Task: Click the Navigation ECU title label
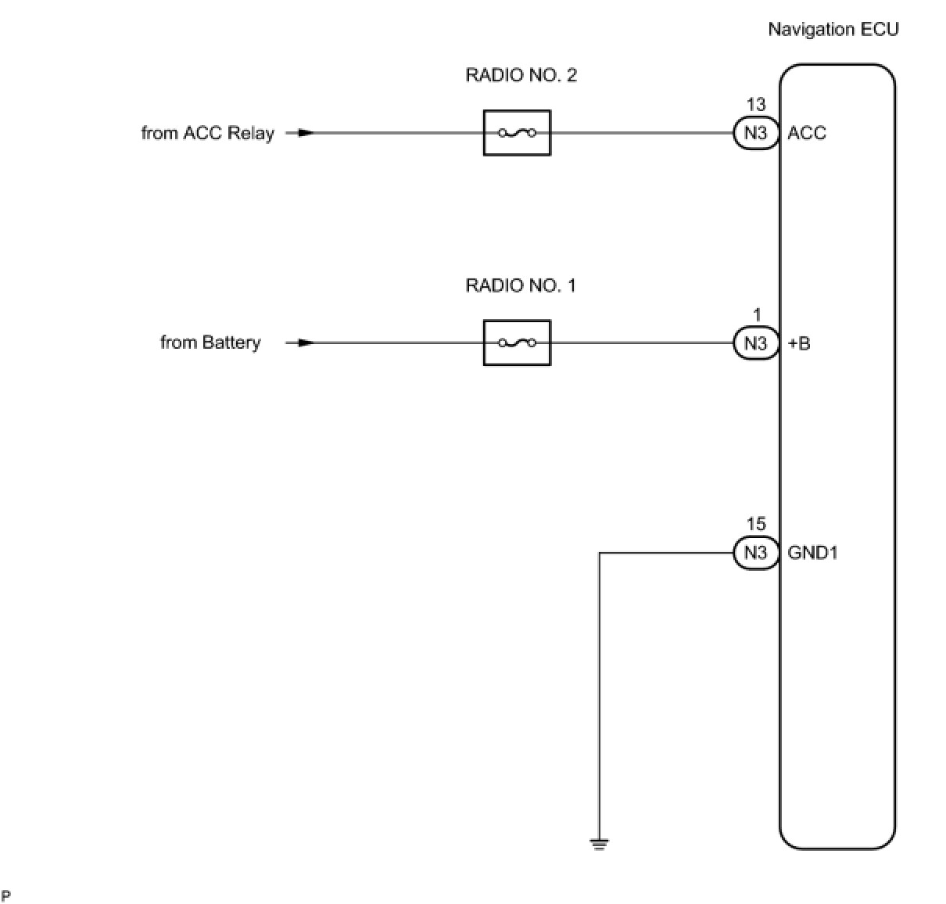point(833,30)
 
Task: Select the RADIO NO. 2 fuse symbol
point(517,133)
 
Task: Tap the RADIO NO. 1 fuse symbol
point(517,343)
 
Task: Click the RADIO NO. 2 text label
point(521,75)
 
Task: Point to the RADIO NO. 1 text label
point(521,285)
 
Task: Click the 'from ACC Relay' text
point(207,133)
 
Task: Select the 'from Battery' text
point(210,343)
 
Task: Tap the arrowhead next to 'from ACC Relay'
point(306,133)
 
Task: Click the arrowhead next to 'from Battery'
point(306,343)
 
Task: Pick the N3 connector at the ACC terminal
point(755,133)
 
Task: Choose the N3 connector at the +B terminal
point(755,343)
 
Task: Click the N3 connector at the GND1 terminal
point(755,553)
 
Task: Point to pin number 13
point(756,105)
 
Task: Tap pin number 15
point(756,525)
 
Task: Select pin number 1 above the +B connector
point(757,315)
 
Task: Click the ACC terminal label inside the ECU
point(807,133)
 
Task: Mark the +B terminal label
point(799,343)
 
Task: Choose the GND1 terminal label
point(812,553)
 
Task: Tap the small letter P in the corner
point(6,895)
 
